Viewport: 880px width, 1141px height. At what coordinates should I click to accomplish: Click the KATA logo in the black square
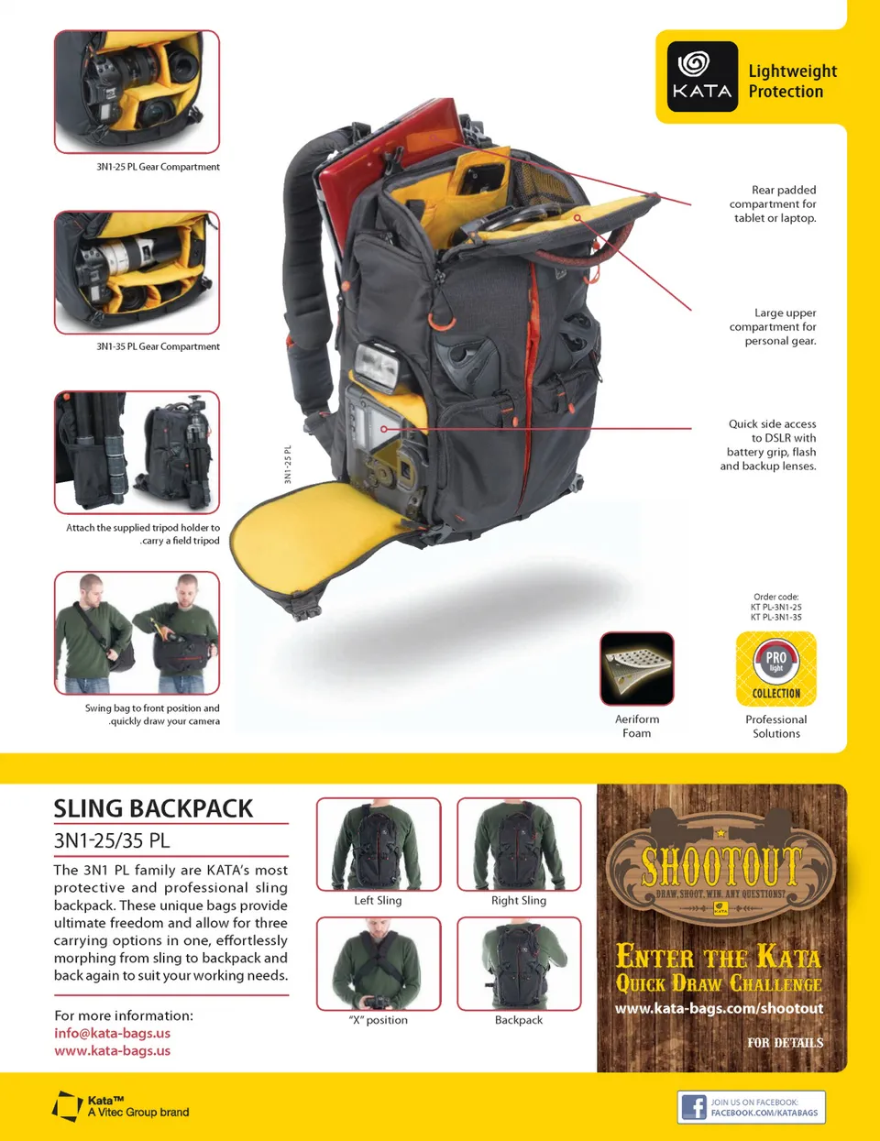click(702, 77)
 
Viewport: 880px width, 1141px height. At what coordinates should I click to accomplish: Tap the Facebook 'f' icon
click(694, 1107)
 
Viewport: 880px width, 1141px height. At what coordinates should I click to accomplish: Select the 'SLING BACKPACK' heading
click(153, 808)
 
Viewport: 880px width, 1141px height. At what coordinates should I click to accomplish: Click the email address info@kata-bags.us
click(112, 1033)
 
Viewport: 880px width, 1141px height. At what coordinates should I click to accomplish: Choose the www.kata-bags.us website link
click(112, 1050)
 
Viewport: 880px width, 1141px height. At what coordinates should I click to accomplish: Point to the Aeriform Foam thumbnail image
click(637, 668)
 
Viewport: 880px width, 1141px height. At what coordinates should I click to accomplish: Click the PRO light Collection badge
click(776, 668)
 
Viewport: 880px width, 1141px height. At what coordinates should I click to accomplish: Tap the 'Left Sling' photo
click(379, 844)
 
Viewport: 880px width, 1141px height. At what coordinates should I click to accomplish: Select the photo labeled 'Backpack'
click(519, 963)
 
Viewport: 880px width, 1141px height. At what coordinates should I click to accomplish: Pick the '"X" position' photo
click(379, 963)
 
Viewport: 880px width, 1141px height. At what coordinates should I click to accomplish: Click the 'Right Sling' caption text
click(519, 901)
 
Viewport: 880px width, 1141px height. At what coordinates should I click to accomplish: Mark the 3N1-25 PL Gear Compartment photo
click(137, 91)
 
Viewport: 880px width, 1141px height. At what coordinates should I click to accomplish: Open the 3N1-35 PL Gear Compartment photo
click(137, 271)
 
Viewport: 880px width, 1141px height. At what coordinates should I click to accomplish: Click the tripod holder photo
click(137, 452)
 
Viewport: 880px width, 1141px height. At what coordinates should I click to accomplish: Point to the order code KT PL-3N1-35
click(776, 618)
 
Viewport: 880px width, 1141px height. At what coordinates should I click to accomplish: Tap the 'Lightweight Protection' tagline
click(792, 81)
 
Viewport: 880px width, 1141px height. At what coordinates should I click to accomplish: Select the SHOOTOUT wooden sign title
click(721, 864)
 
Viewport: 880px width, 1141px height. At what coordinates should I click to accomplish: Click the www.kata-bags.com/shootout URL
click(719, 1008)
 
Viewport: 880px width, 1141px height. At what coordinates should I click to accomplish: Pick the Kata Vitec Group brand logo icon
click(68, 1106)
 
